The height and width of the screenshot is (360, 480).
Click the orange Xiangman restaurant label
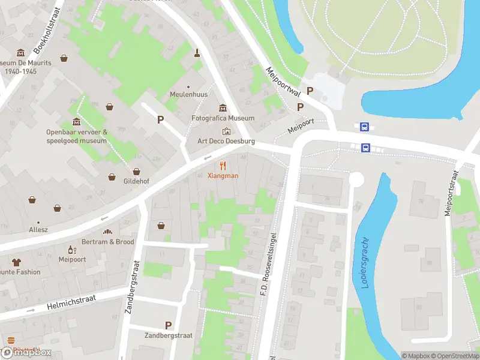(x=223, y=176)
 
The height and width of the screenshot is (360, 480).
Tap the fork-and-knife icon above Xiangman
(x=223, y=166)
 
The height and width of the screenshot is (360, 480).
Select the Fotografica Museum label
(x=223, y=118)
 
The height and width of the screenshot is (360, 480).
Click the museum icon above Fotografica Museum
(x=223, y=108)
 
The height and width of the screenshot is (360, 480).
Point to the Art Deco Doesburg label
(x=226, y=142)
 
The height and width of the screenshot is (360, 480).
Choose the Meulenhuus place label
(x=188, y=95)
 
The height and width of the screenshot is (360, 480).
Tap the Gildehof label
(x=137, y=181)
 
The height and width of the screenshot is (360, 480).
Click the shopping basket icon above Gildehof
(x=137, y=171)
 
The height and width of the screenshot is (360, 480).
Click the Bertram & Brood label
(x=108, y=242)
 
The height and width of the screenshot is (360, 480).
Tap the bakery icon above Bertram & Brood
(x=108, y=232)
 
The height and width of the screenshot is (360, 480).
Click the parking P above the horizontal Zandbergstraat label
(x=168, y=325)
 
